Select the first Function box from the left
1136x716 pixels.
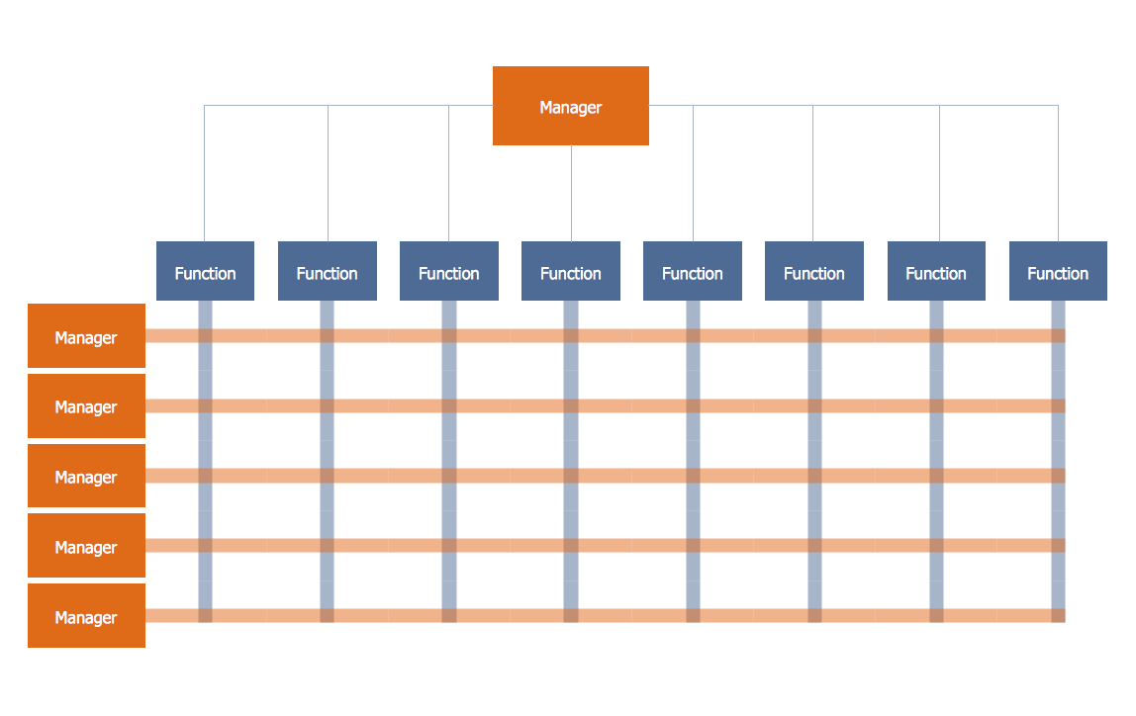click(205, 271)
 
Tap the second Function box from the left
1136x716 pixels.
click(327, 271)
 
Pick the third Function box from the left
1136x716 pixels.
click(448, 271)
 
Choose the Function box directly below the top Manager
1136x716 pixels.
click(570, 271)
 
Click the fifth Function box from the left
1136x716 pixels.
click(692, 271)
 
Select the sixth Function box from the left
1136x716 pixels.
click(813, 271)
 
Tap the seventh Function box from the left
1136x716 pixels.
click(935, 271)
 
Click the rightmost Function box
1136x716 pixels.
click(1057, 271)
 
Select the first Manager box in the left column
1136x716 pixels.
click(86, 336)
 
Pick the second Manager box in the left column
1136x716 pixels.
click(86, 405)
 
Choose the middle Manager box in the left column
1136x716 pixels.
click(86, 476)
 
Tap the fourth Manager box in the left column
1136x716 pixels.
click(86, 546)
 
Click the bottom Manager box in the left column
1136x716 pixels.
click(86, 616)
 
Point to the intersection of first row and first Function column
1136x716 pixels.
click(205, 336)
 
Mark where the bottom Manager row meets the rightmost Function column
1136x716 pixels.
click(1058, 615)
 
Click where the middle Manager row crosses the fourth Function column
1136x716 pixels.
click(571, 476)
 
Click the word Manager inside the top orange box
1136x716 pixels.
click(570, 108)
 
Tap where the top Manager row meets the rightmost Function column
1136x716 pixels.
click(1058, 336)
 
